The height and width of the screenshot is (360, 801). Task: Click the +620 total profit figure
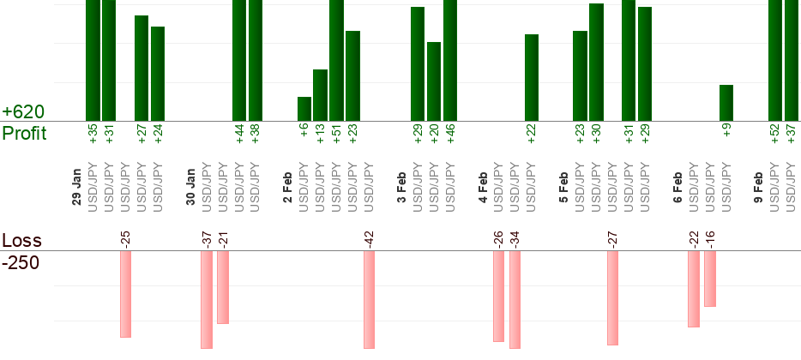[x=23, y=112]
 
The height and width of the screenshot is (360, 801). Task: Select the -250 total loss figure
[x=21, y=262]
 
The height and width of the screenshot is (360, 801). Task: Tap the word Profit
[x=24, y=134]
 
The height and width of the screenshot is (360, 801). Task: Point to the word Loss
[x=21, y=240]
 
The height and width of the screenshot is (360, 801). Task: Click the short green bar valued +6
[x=304, y=109]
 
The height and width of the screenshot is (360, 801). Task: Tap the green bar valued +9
[x=726, y=103]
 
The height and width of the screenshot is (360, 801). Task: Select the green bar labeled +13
[x=321, y=95]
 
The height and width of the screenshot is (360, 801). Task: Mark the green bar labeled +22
[x=532, y=77]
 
